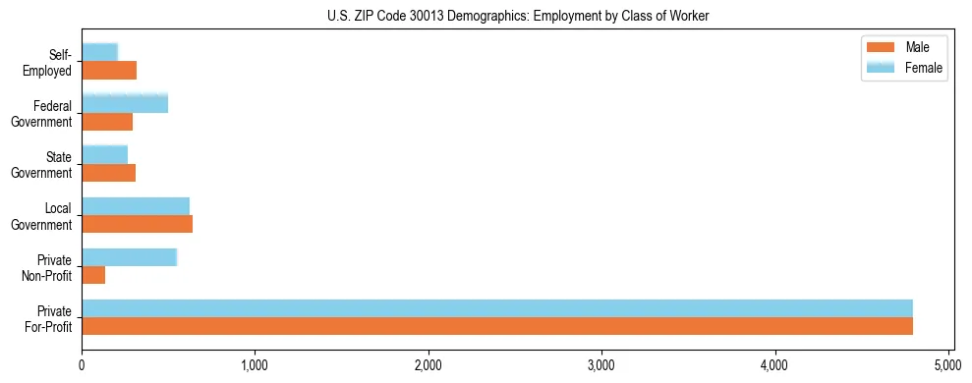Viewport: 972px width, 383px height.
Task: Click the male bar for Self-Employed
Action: pyautogui.click(x=109, y=71)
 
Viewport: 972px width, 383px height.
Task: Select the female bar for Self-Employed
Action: pyautogui.click(x=100, y=52)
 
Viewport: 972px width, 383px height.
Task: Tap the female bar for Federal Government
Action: pyautogui.click(x=125, y=103)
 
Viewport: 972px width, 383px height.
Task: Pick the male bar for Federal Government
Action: pyautogui.click(x=107, y=122)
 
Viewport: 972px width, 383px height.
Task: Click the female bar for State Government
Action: pyautogui.click(x=105, y=154)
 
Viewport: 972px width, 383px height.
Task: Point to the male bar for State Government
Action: pyautogui.click(x=108, y=173)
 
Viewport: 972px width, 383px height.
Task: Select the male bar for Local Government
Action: pyautogui.click(x=137, y=224)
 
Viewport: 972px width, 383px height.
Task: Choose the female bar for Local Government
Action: pyautogui.click(x=136, y=205)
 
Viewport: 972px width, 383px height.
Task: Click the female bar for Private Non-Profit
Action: pyautogui.click(x=129, y=256)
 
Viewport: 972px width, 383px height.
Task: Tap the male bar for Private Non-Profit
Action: pyautogui.click(x=93, y=275)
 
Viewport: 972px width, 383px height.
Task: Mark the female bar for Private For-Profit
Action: pyautogui.click(x=497, y=307)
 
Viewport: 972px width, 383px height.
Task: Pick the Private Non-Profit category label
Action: pyautogui.click(x=48, y=267)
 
